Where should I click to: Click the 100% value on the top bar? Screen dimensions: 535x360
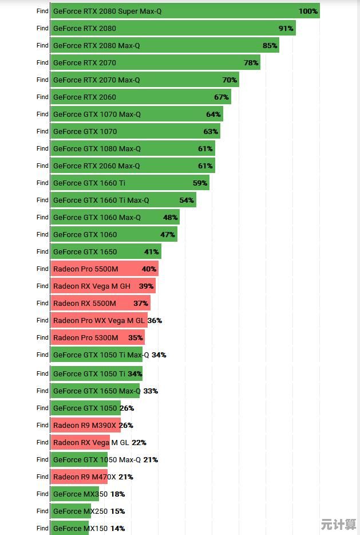[x=308, y=11]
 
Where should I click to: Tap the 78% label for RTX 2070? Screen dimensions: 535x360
[x=251, y=62]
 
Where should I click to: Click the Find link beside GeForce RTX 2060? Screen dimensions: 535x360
[x=42, y=97]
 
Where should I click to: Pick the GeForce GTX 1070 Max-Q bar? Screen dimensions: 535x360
[x=137, y=114]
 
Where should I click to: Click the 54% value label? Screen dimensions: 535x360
[x=187, y=200]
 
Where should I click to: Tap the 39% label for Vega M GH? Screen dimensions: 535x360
[x=146, y=286]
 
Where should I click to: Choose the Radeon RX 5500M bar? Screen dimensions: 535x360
[x=101, y=303]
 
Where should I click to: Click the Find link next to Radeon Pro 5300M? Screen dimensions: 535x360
[x=42, y=337]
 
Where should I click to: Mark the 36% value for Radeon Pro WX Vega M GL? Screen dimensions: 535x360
[x=155, y=320]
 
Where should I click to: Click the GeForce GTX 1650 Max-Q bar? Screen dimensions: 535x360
[x=95, y=391]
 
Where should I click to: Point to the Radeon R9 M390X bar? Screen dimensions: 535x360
[x=85, y=425]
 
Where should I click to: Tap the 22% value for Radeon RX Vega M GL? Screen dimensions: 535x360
[x=139, y=442]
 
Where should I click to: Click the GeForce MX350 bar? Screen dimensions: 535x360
[x=74, y=494]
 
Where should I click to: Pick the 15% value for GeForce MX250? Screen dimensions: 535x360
[x=117, y=511]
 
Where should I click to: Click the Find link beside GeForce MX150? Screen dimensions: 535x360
[x=42, y=528]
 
